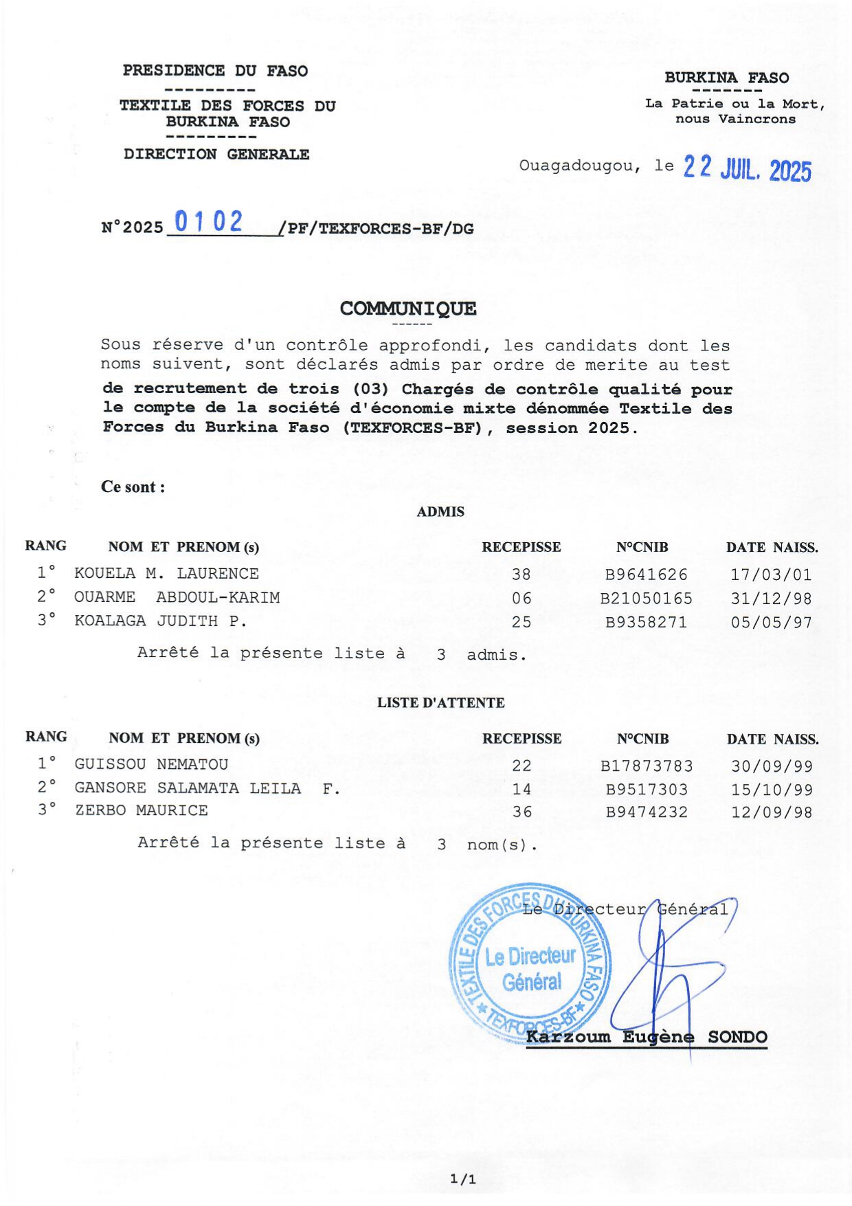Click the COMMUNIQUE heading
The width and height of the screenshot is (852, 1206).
tap(407, 309)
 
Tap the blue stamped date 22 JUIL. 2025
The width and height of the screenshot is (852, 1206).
tap(747, 168)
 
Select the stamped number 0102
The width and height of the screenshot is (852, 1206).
tap(208, 222)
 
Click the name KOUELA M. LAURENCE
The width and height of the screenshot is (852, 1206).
tap(166, 574)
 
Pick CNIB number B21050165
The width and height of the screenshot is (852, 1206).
tap(646, 599)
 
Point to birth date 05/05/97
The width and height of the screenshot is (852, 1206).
tap(771, 623)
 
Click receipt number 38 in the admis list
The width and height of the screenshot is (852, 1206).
tap(522, 574)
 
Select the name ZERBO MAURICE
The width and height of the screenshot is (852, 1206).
tap(141, 811)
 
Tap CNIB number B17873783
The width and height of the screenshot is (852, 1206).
tap(646, 766)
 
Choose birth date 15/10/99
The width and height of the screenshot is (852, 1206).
tap(772, 790)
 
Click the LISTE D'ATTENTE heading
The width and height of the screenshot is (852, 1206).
tap(440, 703)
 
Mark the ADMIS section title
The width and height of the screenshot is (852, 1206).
tap(440, 512)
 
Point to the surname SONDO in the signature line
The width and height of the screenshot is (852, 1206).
tap(737, 1037)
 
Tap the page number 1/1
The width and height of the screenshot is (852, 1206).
tap(462, 1179)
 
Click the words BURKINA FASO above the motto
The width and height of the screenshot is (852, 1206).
tap(726, 78)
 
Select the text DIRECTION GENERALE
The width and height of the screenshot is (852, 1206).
tap(216, 155)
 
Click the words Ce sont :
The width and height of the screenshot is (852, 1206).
tap(133, 487)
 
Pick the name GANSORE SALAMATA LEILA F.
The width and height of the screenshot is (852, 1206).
tap(207, 788)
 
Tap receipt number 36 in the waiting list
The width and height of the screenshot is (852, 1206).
tap(522, 812)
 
